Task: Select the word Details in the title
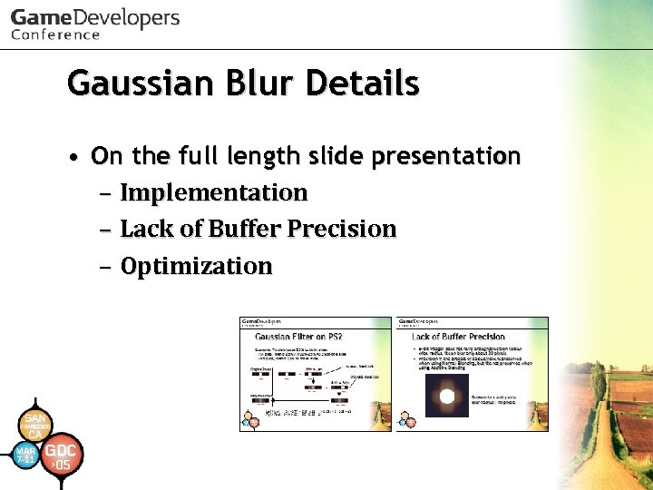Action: point(364,83)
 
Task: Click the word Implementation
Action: point(214,193)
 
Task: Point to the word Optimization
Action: point(196,267)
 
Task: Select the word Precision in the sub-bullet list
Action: point(342,230)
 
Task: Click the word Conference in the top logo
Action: point(55,35)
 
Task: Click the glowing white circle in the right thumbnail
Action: point(446,397)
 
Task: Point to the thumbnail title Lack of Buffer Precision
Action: point(458,337)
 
